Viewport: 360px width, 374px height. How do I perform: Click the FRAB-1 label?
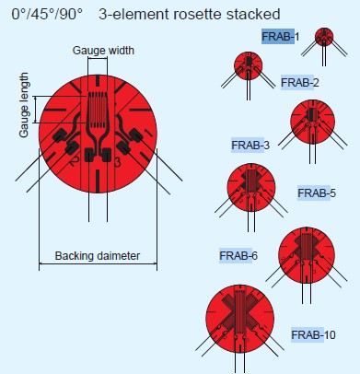(x=281, y=37)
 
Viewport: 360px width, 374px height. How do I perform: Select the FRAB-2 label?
(x=300, y=83)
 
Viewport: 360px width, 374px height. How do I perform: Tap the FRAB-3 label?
(x=250, y=145)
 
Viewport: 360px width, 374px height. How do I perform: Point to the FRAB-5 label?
(x=317, y=193)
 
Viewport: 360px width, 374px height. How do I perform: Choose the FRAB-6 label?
(x=238, y=256)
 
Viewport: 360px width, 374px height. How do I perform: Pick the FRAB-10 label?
(x=313, y=334)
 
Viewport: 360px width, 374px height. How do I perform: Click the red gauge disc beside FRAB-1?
(x=324, y=37)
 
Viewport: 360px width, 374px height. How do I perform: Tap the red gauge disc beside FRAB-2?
(x=249, y=65)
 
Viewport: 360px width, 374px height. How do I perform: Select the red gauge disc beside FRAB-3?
(x=312, y=122)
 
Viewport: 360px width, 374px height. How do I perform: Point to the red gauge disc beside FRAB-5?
(x=251, y=188)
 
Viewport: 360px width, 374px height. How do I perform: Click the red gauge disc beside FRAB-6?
(x=307, y=255)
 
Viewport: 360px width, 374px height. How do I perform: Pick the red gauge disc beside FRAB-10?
(x=239, y=319)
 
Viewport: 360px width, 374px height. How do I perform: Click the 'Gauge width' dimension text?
(x=103, y=51)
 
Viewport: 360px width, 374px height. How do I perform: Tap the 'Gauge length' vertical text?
(x=24, y=105)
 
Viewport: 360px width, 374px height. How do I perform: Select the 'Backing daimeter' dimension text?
(x=98, y=255)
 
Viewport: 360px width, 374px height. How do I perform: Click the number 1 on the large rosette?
(x=147, y=133)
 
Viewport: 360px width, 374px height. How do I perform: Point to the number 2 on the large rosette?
(x=74, y=161)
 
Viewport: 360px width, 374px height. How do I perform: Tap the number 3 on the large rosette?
(x=117, y=162)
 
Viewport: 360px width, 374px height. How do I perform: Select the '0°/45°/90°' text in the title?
(x=47, y=14)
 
